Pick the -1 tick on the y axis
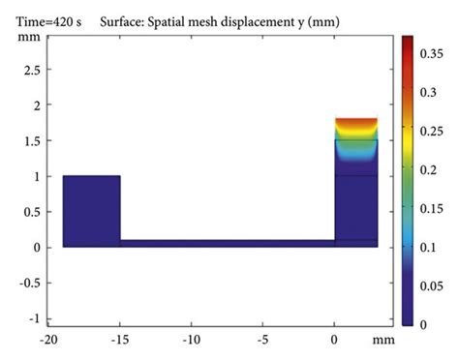tap(33, 318)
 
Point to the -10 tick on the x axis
tap(192, 341)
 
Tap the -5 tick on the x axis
tap(263, 341)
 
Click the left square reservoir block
tap(91, 211)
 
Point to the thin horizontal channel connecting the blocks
tap(228, 243)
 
